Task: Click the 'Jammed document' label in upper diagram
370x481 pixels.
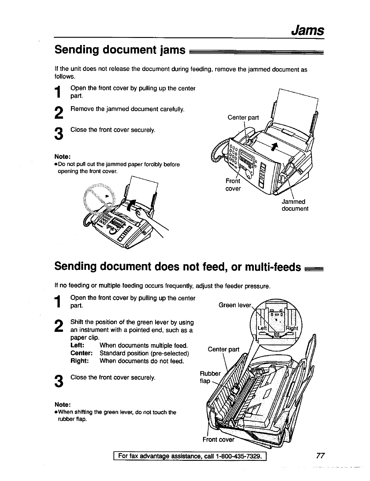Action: click(294, 205)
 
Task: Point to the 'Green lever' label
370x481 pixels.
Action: click(235, 305)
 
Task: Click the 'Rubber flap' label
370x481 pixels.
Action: click(209, 377)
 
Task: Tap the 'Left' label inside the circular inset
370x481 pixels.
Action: click(262, 328)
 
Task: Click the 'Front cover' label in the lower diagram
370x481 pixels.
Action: click(218, 440)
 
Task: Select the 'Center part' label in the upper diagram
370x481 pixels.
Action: click(243, 117)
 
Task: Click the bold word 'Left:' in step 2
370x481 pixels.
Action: click(77, 345)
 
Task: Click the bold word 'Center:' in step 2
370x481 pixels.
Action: click(81, 353)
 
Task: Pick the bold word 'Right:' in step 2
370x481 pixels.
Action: click(80, 361)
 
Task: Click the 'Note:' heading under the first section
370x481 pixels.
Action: click(63, 157)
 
